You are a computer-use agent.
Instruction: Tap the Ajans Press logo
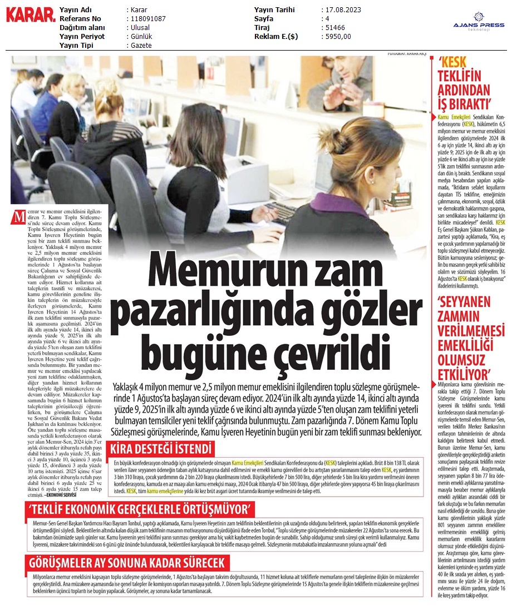[478, 24]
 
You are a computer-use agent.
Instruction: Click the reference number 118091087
[147, 19]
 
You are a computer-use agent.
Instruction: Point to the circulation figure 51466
[334, 28]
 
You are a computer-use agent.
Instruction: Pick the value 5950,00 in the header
[337, 37]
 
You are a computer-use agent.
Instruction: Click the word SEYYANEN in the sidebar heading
[464, 303]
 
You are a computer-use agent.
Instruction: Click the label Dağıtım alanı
[82, 28]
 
